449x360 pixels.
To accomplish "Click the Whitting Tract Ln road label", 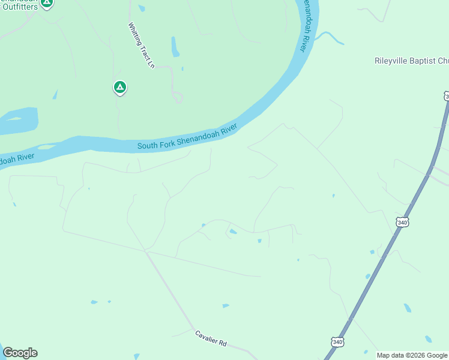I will [142, 46].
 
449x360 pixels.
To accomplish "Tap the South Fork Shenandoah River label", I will [187, 137].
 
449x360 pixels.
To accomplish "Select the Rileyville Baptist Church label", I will [411, 61].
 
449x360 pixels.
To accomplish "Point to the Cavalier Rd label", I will [210, 338].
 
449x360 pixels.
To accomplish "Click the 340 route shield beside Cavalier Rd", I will [337, 342].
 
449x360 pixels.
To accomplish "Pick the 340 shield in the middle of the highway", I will [402, 222].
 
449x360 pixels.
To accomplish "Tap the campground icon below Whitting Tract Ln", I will [120, 88].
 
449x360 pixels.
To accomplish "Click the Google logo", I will [20, 353].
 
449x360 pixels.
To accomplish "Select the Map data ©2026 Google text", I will [412, 355].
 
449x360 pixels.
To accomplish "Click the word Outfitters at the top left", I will [19, 7].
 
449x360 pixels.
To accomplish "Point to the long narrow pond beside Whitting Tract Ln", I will [175, 47].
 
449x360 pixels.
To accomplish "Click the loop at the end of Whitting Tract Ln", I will [178, 97].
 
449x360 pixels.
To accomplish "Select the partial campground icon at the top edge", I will [47, 3].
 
